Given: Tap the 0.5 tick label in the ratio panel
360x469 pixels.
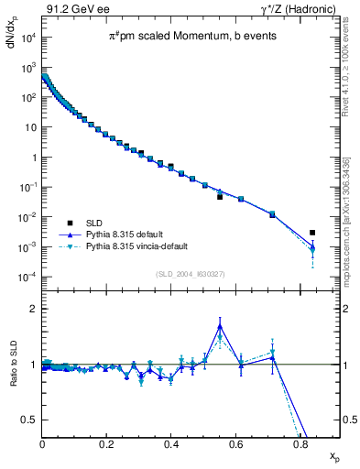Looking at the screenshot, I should click(x=30, y=420).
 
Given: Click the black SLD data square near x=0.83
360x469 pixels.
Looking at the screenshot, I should click(x=312, y=233).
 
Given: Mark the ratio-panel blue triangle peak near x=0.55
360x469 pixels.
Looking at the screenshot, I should click(x=220, y=325).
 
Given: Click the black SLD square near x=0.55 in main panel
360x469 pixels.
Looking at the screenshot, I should click(x=220, y=196).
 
